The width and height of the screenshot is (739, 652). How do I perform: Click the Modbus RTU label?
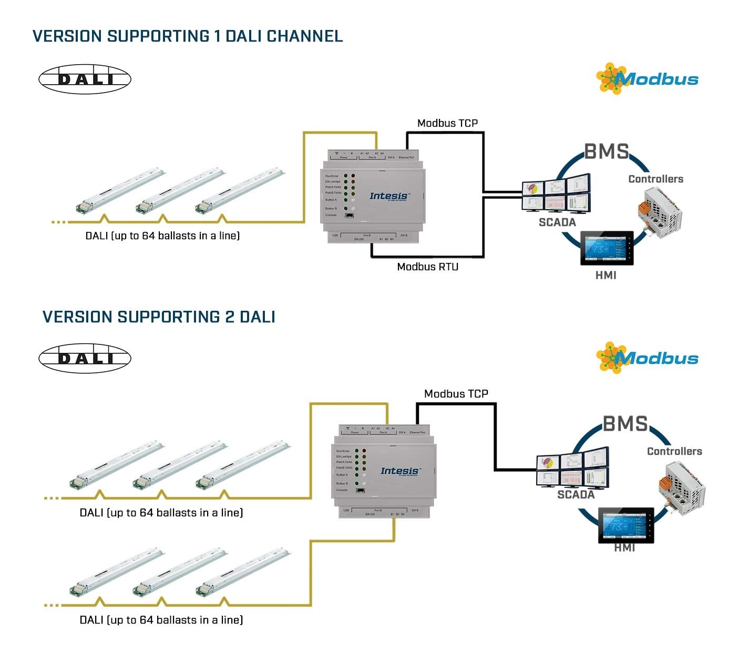(x=427, y=267)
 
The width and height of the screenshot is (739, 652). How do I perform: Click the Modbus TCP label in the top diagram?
(x=447, y=123)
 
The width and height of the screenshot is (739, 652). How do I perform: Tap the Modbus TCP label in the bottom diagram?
(x=456, y=394)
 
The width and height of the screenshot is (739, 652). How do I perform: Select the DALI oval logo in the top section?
(x=85, y=79)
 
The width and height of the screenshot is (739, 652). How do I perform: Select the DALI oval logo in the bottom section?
(x=85, y=359)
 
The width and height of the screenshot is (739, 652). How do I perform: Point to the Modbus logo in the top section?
(x=648, y=79)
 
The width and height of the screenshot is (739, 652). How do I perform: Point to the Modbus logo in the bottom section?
(x=648, y=358)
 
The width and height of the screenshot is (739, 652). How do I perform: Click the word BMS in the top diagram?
(x=607, y=151)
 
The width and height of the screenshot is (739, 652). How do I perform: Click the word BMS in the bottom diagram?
(x=625, y=423)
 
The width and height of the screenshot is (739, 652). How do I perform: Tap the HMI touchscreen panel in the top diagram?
(x=607, y=248)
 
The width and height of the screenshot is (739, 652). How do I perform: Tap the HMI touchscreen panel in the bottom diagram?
(x=625, y=525)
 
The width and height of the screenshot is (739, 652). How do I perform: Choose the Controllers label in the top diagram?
(x=655, y=179)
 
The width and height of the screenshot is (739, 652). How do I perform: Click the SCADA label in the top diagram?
(x=557, y=222)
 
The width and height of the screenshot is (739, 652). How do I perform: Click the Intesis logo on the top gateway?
(x=389, y=196)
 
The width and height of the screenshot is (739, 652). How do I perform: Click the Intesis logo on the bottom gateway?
(x=400, y=471)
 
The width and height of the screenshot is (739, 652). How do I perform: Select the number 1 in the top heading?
(x=217, y=36)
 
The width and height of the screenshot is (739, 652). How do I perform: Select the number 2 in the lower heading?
(x=230, y=317)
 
